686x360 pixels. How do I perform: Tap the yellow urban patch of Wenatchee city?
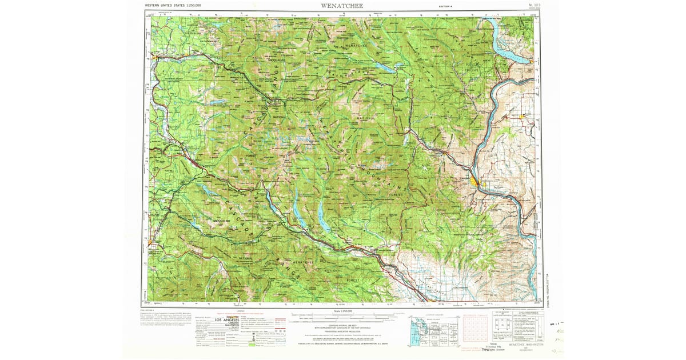(476, 182)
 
